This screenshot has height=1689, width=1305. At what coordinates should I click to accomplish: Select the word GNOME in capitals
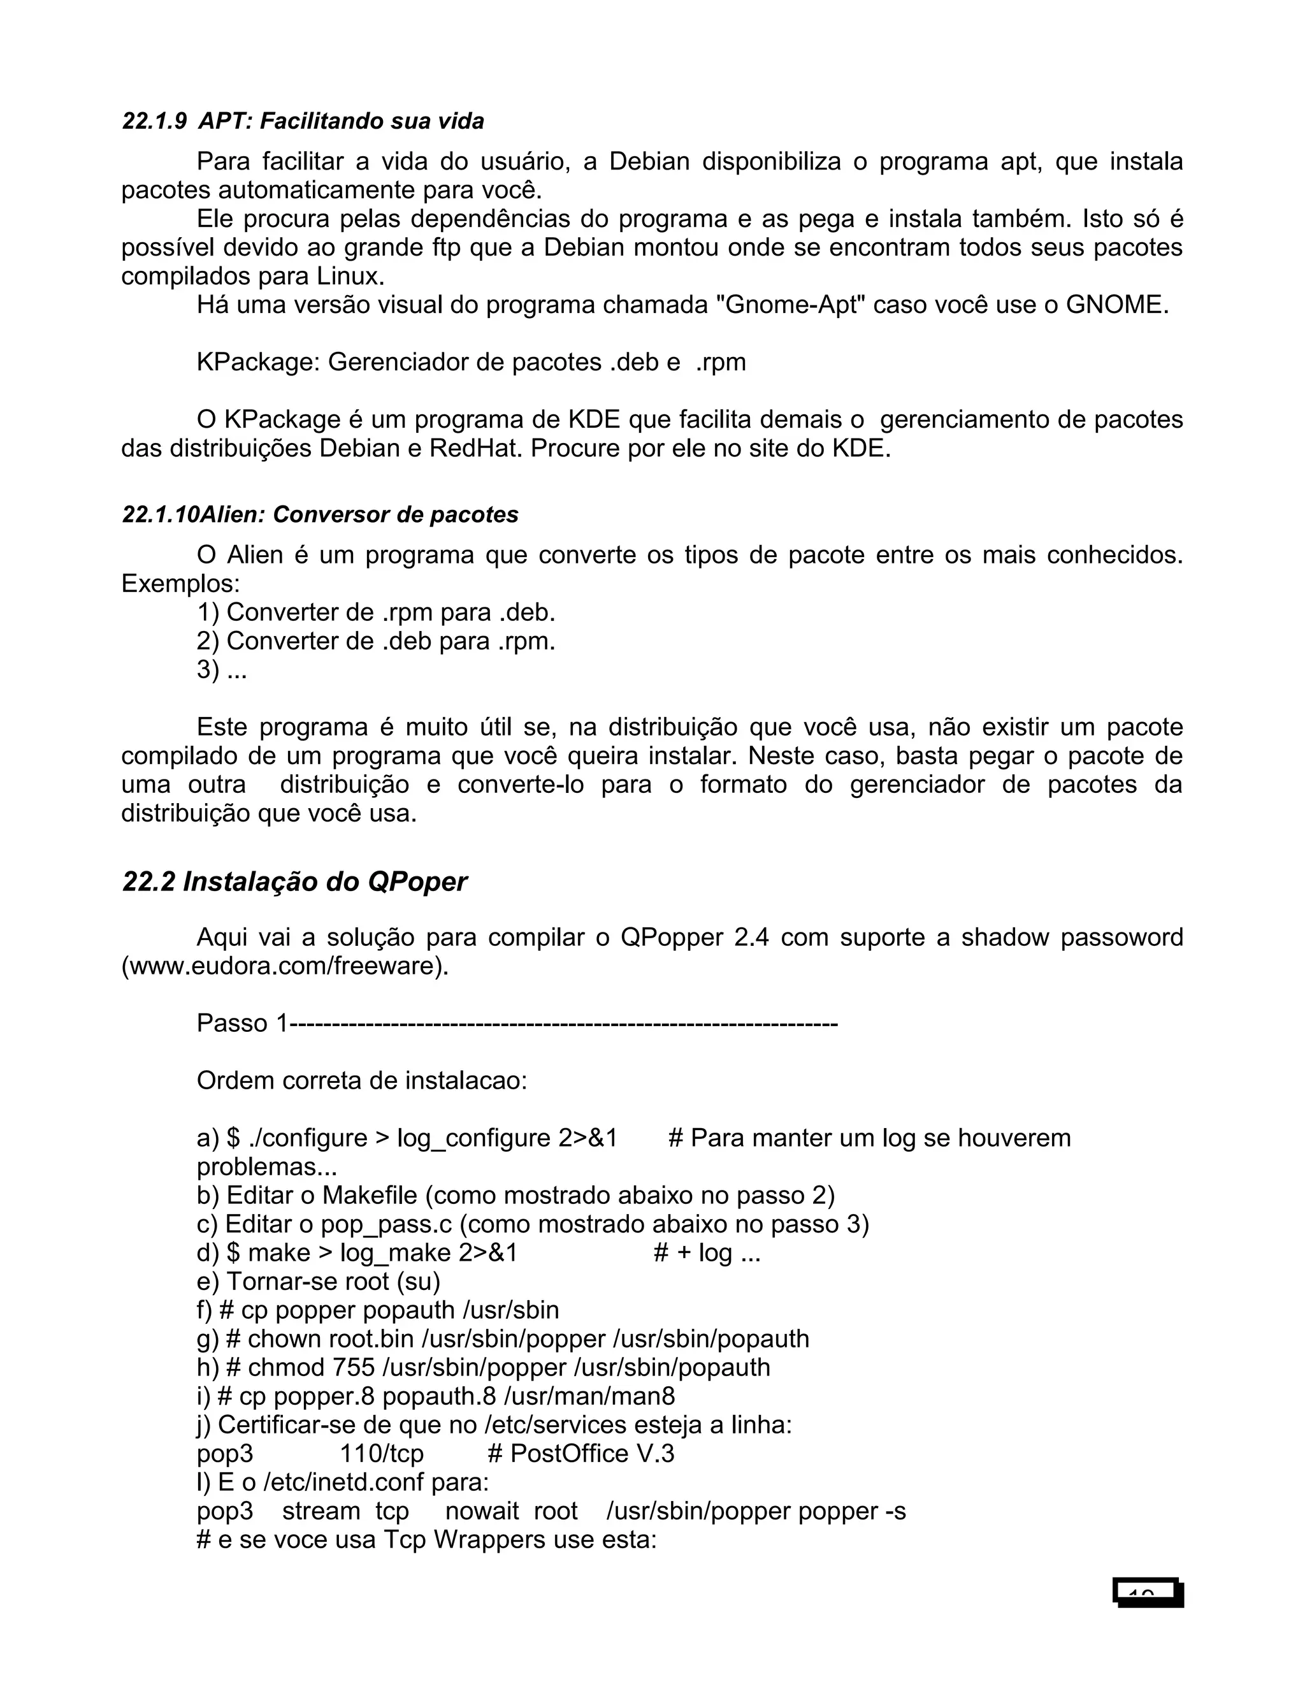point(1114,305)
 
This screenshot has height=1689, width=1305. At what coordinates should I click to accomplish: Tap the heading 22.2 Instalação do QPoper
point(294,881)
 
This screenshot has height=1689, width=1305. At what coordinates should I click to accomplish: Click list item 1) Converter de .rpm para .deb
point(376,613)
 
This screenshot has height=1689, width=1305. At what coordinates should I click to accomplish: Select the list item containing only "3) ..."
point(222,670)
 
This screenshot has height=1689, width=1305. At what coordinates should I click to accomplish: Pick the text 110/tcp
point(382,1453)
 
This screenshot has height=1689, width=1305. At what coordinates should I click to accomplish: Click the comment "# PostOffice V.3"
point(580,1453)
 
